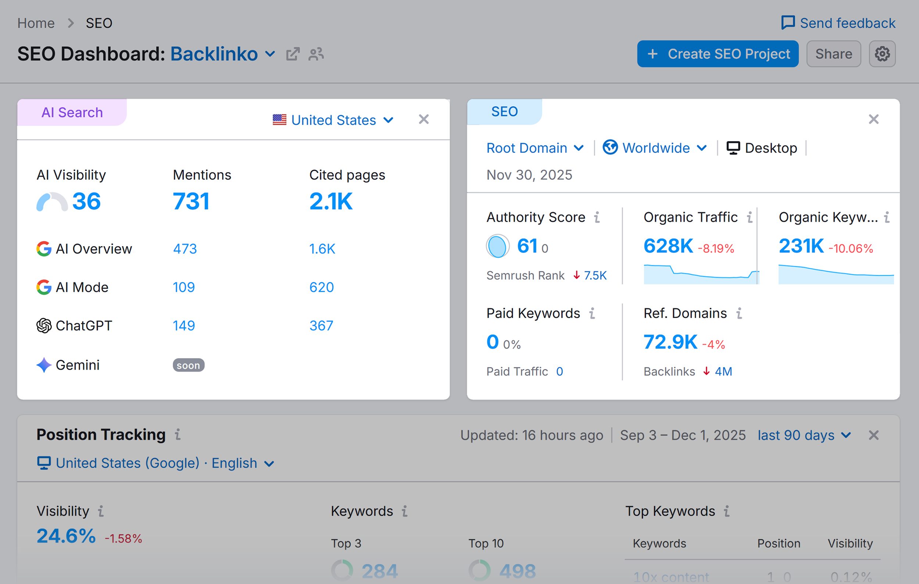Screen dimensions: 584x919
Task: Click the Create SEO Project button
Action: (x=718, y=54)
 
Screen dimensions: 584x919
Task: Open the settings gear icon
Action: (x=882, y=54)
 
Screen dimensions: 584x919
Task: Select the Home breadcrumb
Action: (x=36, y=23)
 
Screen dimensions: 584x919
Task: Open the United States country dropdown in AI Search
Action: (x=333, y=120)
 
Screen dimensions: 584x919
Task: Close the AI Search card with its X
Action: (x=423, y=119)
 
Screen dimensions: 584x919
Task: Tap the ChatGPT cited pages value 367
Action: (x=321, y=325)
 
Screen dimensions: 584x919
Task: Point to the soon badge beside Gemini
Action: (x=188, y=365)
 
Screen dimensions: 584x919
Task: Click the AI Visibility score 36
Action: (x=86, y=201)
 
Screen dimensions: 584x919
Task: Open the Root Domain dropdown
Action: (x=534, y=148)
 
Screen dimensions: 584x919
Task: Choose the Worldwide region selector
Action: (x=655, y=148)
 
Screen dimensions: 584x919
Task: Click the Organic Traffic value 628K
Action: (x=668, y=246)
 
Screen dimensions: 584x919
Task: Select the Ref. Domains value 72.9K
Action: (x=670, y=342)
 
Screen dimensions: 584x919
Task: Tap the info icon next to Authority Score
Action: (x=597, y=217)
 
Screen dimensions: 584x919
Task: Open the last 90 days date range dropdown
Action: (x=804, y=435)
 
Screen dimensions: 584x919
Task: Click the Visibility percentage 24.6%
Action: (x=66, y=536)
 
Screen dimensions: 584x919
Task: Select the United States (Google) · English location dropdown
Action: (x=156, y=463)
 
